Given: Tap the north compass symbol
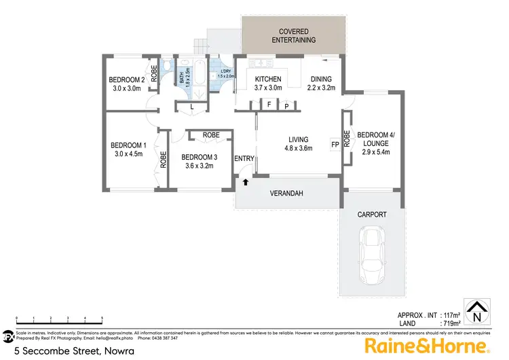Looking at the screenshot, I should (478, 312).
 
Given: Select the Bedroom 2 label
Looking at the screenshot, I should (127, 79).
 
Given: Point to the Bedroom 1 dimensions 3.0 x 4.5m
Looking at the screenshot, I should (128, 154).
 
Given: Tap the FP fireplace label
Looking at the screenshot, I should (335, 144).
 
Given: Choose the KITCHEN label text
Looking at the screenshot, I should (268, 79).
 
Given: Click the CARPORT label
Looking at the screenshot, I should (373, 215).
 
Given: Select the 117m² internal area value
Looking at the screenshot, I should (450, 315).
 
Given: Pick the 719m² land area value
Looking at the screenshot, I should (450, 324).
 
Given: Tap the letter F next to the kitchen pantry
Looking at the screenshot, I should (269, 105).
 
